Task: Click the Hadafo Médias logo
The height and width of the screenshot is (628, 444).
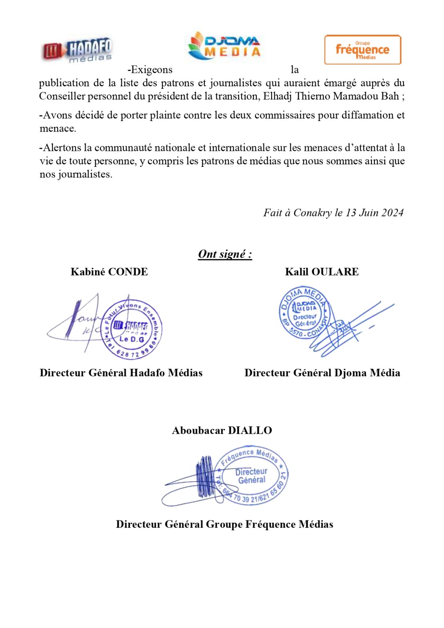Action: (77, 51)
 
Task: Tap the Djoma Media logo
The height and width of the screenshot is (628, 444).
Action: (224, 46)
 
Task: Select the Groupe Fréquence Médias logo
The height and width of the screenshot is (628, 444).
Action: (363, 50)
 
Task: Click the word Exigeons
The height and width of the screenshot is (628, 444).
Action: (150, 70)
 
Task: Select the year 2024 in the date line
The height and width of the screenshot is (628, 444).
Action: (392, 213)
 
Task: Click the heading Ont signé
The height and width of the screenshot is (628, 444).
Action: (225, 254)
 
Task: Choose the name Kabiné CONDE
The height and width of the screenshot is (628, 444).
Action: (109, 272)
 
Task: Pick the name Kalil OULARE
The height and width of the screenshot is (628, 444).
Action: (322, 272)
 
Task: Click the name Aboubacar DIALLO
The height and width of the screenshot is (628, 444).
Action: (222, 431)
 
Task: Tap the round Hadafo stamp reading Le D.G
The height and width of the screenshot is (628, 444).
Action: (132, 329)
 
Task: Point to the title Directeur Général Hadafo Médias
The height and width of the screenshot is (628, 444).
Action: (121, 373)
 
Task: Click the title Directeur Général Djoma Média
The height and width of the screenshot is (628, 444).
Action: (322, 373)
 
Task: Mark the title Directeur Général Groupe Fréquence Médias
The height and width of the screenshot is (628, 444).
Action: (224, 525)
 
